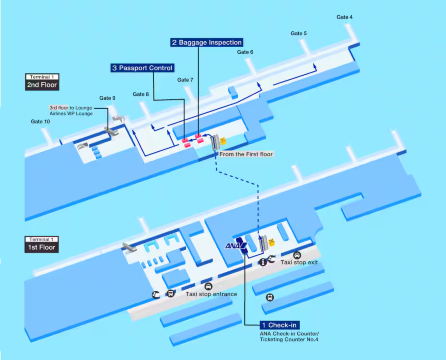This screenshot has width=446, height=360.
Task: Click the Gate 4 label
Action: click(x=344, y=17)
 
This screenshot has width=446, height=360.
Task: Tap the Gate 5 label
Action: click(x=298, y=33)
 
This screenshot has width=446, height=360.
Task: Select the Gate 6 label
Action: click(x=245, y=52)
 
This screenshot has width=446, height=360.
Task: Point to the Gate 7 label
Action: click(x=184, y=79)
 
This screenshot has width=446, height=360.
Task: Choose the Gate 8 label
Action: click(x=140, y=94)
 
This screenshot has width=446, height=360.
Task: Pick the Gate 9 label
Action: click(x=107, y=98)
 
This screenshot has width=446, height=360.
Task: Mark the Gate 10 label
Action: click(x=40, y=121)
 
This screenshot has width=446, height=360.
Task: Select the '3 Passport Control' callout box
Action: click(x=143, y=68)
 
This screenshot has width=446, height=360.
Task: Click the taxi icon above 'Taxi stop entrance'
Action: click(x=207, y=284)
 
